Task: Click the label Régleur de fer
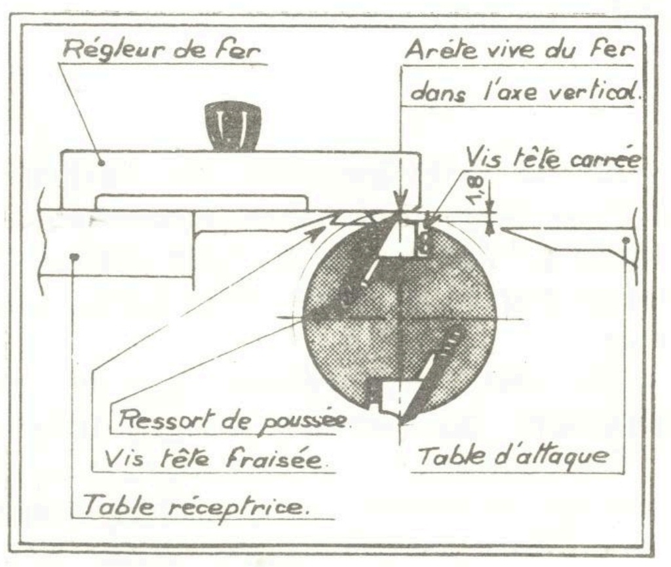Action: pyautogui.click(x=162, y=50)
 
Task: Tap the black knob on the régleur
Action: pyautogui.click(x=232, y=126)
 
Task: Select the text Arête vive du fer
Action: pyautogui.click(x=519, y=50)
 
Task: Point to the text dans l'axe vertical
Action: pyautogui.click(x=526, y=92)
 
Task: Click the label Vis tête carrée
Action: pyautogui.click(x=553, y=159)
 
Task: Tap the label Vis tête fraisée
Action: pyautogui.click(x=213, y=459)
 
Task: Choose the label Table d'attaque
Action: pyautogui.click(x=512, y=457)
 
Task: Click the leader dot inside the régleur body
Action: pyautogui.click(x=102, y=163)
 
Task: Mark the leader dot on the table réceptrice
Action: pyautogui.click(x=75, y=257)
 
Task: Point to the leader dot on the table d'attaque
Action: pyautogui.click(x=626, y=240)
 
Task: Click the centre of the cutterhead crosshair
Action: pyautogui.click(x=399, y=319)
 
